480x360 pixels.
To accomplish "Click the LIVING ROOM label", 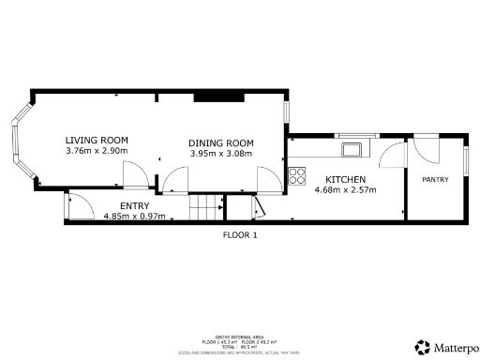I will [x=97, y=140].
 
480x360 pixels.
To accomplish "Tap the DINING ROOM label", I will [x=221, y=142].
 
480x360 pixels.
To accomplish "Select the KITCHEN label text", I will [x=345, y=179].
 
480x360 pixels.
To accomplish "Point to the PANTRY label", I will [x=435, y=179].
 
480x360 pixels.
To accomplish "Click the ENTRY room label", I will [x=135, y=205].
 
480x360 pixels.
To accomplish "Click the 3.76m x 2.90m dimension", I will [x=97, y=151].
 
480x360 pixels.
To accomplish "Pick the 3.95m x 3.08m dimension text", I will [x=221, y=154].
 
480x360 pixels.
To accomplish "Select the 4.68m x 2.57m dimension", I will [x=345, y=190].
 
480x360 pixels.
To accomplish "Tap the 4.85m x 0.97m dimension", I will [x=134, y=216].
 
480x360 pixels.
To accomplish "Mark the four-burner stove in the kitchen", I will [x=298, y=174].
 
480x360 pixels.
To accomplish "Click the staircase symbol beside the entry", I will [x=204, y=207].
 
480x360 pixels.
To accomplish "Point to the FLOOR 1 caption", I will [x=239, y=235].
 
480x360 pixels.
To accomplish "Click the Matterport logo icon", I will [x=423, y=346].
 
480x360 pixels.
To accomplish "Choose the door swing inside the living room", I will [x=135, y=173].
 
